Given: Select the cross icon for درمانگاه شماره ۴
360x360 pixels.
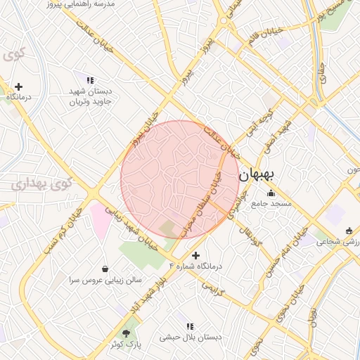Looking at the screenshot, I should click(x=195, y=255).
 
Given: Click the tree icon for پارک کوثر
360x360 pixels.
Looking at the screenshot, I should click(x=127, y=333).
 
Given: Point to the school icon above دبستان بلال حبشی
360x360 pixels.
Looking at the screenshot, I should click(x=189, y=326).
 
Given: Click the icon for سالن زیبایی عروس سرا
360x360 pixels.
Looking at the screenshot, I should click(x=105, y=268).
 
